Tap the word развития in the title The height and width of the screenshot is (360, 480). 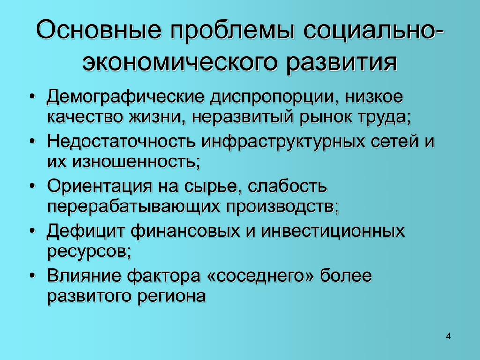point(342,63)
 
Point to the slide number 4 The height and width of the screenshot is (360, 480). point(448,336)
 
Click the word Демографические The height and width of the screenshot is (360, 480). point(125,97)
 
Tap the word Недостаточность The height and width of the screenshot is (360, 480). point(121,142)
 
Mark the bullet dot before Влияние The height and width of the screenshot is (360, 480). point(32,276)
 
